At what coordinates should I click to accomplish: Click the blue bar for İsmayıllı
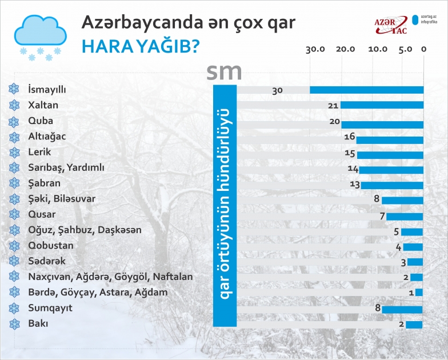tap(366, 90)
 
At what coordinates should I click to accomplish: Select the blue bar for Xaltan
tap(382, 105)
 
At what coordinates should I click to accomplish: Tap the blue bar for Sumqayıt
tap(402, 309)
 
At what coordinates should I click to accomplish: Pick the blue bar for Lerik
tap(390, 154)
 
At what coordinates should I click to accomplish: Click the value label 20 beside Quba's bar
tap(335, 122)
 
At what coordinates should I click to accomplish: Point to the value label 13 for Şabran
tap(354, 184)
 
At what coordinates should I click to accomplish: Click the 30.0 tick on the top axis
tap(315, 49)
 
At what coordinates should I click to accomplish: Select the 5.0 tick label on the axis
tap(405, 49)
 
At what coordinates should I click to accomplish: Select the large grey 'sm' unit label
tap(224, 71)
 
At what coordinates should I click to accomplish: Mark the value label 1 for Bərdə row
tap(411, 293)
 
